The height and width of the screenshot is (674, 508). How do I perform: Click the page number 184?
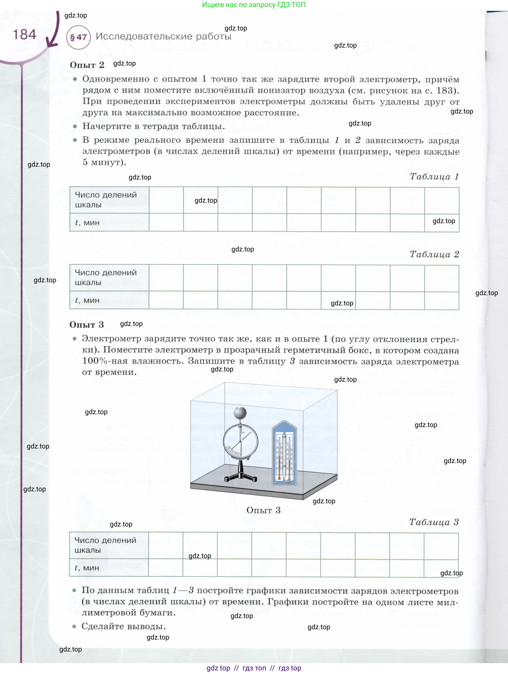coord(24,34)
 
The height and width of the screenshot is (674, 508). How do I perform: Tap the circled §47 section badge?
coord(78,37)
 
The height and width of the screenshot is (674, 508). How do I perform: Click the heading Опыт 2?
coord(87,65)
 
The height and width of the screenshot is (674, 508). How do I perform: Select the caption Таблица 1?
coord(434,176)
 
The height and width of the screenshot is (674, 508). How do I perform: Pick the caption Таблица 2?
coord(434,254)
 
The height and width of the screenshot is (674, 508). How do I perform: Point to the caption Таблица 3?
coord(433,522)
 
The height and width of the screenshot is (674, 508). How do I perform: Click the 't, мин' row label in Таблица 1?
coord(87,223)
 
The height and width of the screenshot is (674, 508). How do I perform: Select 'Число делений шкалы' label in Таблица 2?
coord(106,277)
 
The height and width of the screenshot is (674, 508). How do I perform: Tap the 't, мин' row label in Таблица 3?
coord(87,568)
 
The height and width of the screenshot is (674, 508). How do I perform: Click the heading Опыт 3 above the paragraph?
coord(86,324)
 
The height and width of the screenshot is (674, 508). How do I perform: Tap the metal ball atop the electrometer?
coord(240,413)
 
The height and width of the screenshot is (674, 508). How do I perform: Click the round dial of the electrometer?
coord(241,441)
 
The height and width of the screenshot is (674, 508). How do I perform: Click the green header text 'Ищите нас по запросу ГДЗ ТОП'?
coord(254,4)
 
